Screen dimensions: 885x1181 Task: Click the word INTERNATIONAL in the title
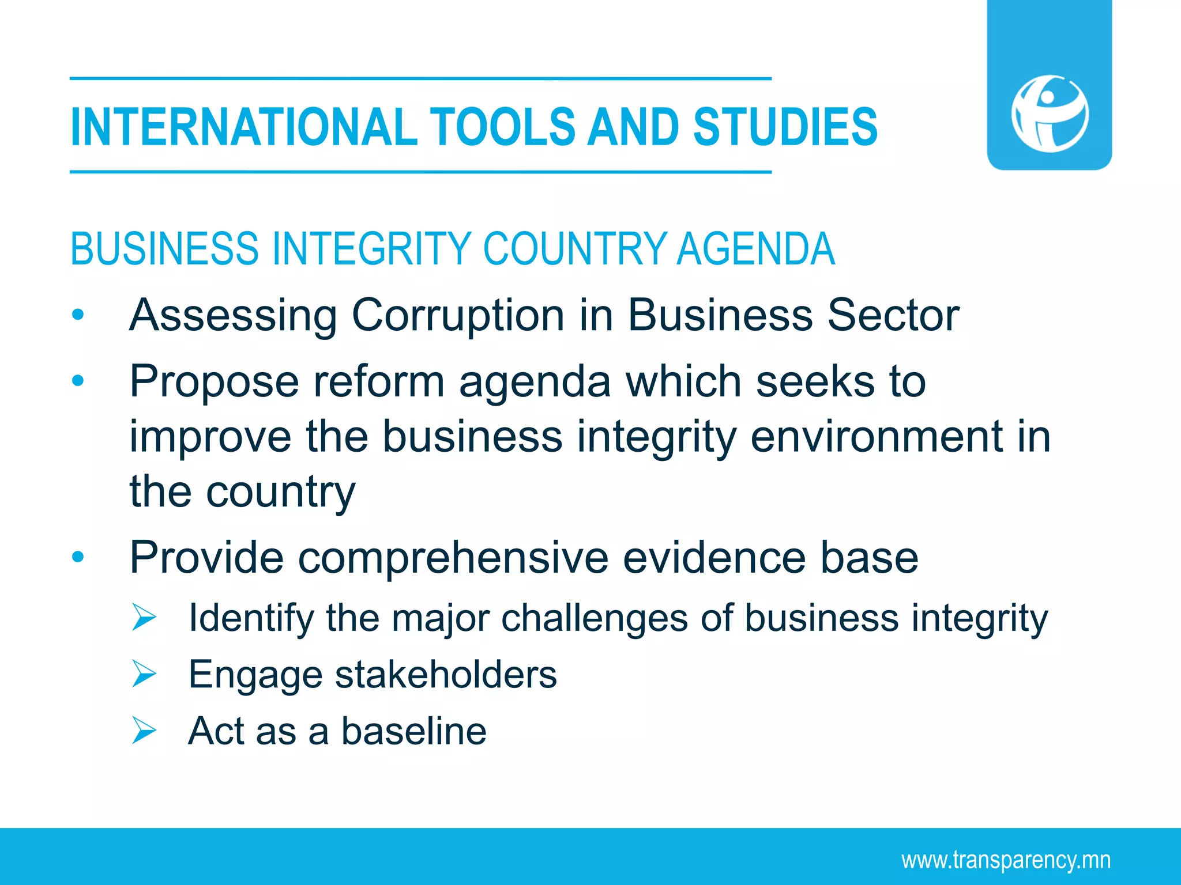(243, 127)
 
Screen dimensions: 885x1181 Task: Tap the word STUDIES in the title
(785, 127)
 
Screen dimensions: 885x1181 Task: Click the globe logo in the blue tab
(1050, 114)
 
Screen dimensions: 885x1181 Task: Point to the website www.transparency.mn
(1006, 860)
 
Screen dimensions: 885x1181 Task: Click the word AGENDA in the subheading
(755, 249)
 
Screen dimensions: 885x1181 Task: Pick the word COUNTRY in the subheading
(574, 249)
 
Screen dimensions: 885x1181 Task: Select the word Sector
(893, 315)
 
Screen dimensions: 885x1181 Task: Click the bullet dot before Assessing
(78, 315)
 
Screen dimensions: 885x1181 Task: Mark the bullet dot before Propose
(78, 381)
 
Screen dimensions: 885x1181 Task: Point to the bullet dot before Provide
(78, 557)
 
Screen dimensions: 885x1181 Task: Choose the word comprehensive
(453, 557)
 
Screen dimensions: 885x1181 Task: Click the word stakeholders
(446, 674)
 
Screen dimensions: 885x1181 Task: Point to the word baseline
(413, 730)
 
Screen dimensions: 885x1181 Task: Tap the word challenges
(595, 618)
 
